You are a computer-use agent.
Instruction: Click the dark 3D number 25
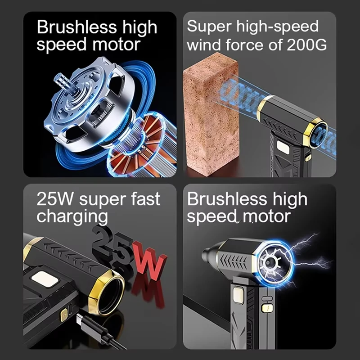[x=112, y=245]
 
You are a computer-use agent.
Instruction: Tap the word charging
[x=72, y=216]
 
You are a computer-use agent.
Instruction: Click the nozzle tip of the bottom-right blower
[x=208, y=254]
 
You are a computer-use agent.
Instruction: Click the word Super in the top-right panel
[x=205, y=27]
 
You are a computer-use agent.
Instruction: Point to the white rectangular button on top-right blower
[x=283, y=146]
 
